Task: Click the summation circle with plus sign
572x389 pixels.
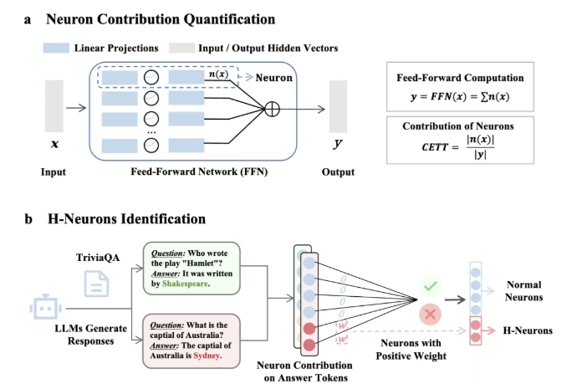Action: (272, 108)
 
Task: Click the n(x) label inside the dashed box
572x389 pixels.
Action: (217, 76)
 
